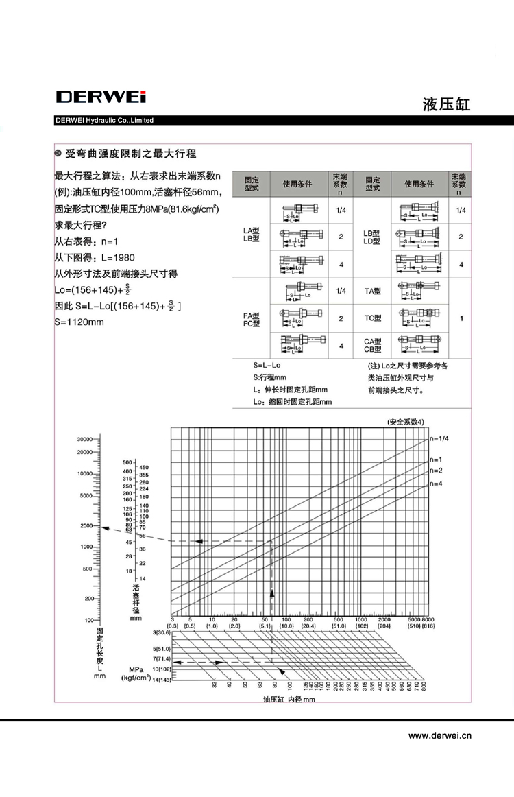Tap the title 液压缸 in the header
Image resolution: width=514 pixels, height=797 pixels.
point(447,104)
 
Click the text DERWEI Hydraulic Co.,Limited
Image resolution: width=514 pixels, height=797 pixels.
point(104,121)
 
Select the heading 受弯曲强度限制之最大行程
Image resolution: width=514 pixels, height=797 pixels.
point(130,154)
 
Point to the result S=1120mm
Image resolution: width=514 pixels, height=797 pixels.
point(83,321)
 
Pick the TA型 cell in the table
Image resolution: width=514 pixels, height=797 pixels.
point(372,291)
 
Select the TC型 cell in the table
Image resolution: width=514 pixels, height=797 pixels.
point(372,318)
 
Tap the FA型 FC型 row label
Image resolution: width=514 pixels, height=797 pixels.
point(252,319)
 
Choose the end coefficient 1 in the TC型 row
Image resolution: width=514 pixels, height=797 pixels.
point(461,318)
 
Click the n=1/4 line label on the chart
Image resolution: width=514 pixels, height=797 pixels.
point(439,438)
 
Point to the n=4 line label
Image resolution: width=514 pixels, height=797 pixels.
point(436,484)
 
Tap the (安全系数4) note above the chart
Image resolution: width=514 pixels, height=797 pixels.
point(406,421)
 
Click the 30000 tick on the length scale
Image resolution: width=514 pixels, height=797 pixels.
point(84,438)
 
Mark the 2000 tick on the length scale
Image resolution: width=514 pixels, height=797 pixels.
point(86,525)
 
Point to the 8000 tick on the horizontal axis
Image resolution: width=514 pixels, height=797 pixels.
point(430,619)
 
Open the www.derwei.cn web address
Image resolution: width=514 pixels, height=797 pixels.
point(440,736)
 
